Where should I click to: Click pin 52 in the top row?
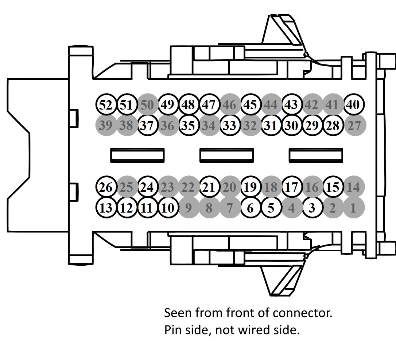pos(106,105)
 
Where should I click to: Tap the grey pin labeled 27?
pos(354,126)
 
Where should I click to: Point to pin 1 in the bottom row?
pos(353,208)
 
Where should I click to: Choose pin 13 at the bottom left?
pos(106,208)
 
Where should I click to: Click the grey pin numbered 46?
pos(229,105)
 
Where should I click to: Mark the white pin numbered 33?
pos(229,126)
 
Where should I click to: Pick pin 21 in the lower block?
pos(209,187)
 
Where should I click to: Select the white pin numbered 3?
pos(312,208)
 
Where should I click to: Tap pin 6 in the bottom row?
pos(250,208)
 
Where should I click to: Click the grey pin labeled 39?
pos(106,126)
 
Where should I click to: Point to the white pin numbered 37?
pos(147,126)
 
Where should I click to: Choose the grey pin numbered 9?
pos(189,208)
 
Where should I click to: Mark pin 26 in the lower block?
pos(106,187)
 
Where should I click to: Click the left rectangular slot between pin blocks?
pos(137,155)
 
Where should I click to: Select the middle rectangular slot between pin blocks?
pos(226,155)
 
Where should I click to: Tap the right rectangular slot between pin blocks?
pos(316,155)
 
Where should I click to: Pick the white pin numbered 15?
pos(333,187)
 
